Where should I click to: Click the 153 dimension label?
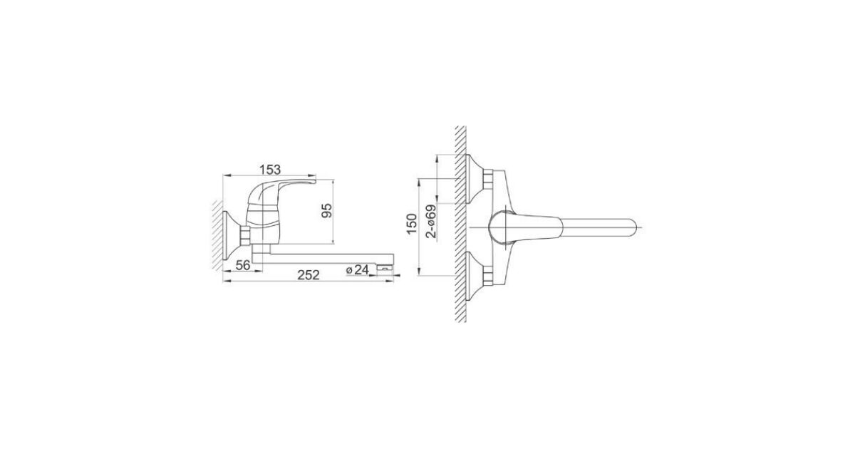(x=270, y=169)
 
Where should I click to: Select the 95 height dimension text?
(x=327, y=210)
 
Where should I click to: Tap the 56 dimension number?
(x=243, y=264)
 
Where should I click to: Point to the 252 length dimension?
(x=309, y=274)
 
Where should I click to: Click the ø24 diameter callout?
(x=358, y=269)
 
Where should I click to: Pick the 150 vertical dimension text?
(x=412, y=224)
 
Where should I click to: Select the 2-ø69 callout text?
(x=431, y=222)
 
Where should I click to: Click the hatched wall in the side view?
(x=217, y=235)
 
